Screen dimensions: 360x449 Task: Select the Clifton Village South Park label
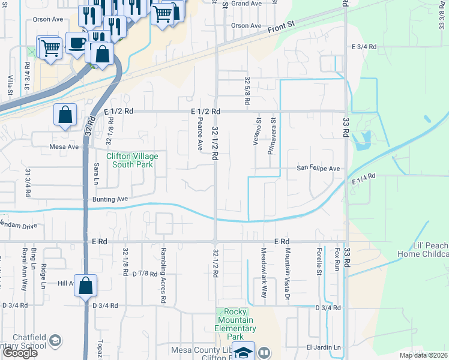click(132, 160)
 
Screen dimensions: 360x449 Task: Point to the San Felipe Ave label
click(318, 169)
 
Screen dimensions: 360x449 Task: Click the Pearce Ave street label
click(200, 134)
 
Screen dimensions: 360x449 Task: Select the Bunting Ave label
click(110, 199)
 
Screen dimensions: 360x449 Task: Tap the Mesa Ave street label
click(64, 146)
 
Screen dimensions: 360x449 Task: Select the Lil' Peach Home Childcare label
click(423, 250)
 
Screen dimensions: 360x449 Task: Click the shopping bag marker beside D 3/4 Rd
click(86, 286)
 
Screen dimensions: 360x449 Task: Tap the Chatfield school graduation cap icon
click(55, 341)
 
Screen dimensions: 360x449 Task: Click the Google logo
click(20, 353)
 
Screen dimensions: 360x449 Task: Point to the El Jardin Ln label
click(323, 347)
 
